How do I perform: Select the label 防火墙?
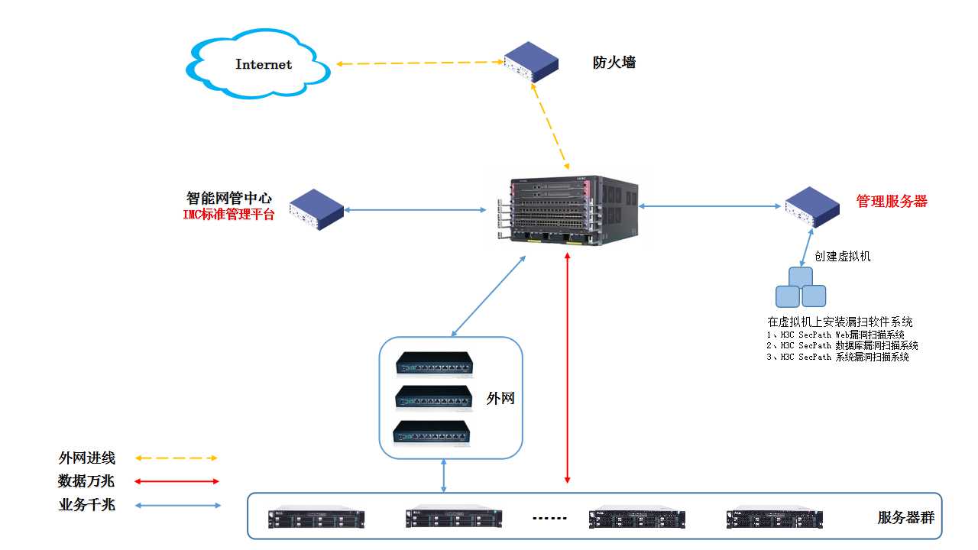(x=614, y=63)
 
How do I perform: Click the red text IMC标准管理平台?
(x=228, y=215)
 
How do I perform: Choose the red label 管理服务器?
(x=892, y=202)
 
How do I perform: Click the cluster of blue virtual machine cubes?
(x=801, y=288)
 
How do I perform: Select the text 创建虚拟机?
(x=843, y=257)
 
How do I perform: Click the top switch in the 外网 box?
(x=434, y=364)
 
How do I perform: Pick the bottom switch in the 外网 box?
(x=432, y=433)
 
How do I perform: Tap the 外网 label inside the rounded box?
(x=500, y=398)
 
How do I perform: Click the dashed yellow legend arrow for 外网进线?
(x=176, y=458)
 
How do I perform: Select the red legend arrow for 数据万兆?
(x=176, y=481)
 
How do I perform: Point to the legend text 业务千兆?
(x=86, y=505)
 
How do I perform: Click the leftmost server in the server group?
(x=316, y=519)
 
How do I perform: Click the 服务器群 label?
(x=905, y=519)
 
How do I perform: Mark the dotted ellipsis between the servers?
(x=549, y=519)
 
